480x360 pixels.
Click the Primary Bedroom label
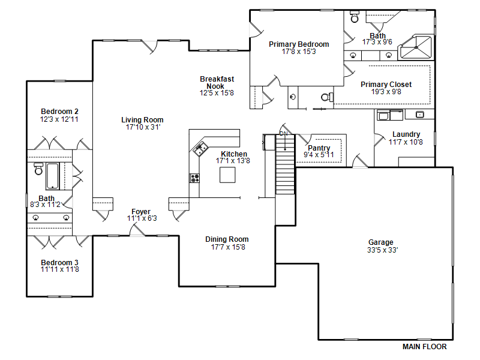[299, 44]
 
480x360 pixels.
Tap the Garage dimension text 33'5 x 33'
[382, 250]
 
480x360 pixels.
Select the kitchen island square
[227, 175]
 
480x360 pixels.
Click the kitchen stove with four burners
[194, 178]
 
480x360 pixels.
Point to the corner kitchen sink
[200, 149]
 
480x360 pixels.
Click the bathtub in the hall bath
[53, 176]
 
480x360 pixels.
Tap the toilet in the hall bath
[38, 169]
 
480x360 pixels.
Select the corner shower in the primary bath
[416, 47]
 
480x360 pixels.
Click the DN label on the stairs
[283, 133]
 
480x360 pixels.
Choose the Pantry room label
[319, 148]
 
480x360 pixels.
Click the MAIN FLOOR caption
[424, 347]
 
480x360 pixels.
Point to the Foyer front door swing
[137, 230]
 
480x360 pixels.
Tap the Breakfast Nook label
[217, 83]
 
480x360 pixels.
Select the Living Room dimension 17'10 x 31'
[143, 127]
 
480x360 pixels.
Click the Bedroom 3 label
[59, 262]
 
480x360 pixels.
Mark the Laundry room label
[406, 134]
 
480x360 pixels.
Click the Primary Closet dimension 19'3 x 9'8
[386, 92]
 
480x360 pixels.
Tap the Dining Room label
[227, 239]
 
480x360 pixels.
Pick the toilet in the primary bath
[355, 17]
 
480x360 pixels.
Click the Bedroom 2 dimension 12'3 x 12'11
[59, 119]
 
